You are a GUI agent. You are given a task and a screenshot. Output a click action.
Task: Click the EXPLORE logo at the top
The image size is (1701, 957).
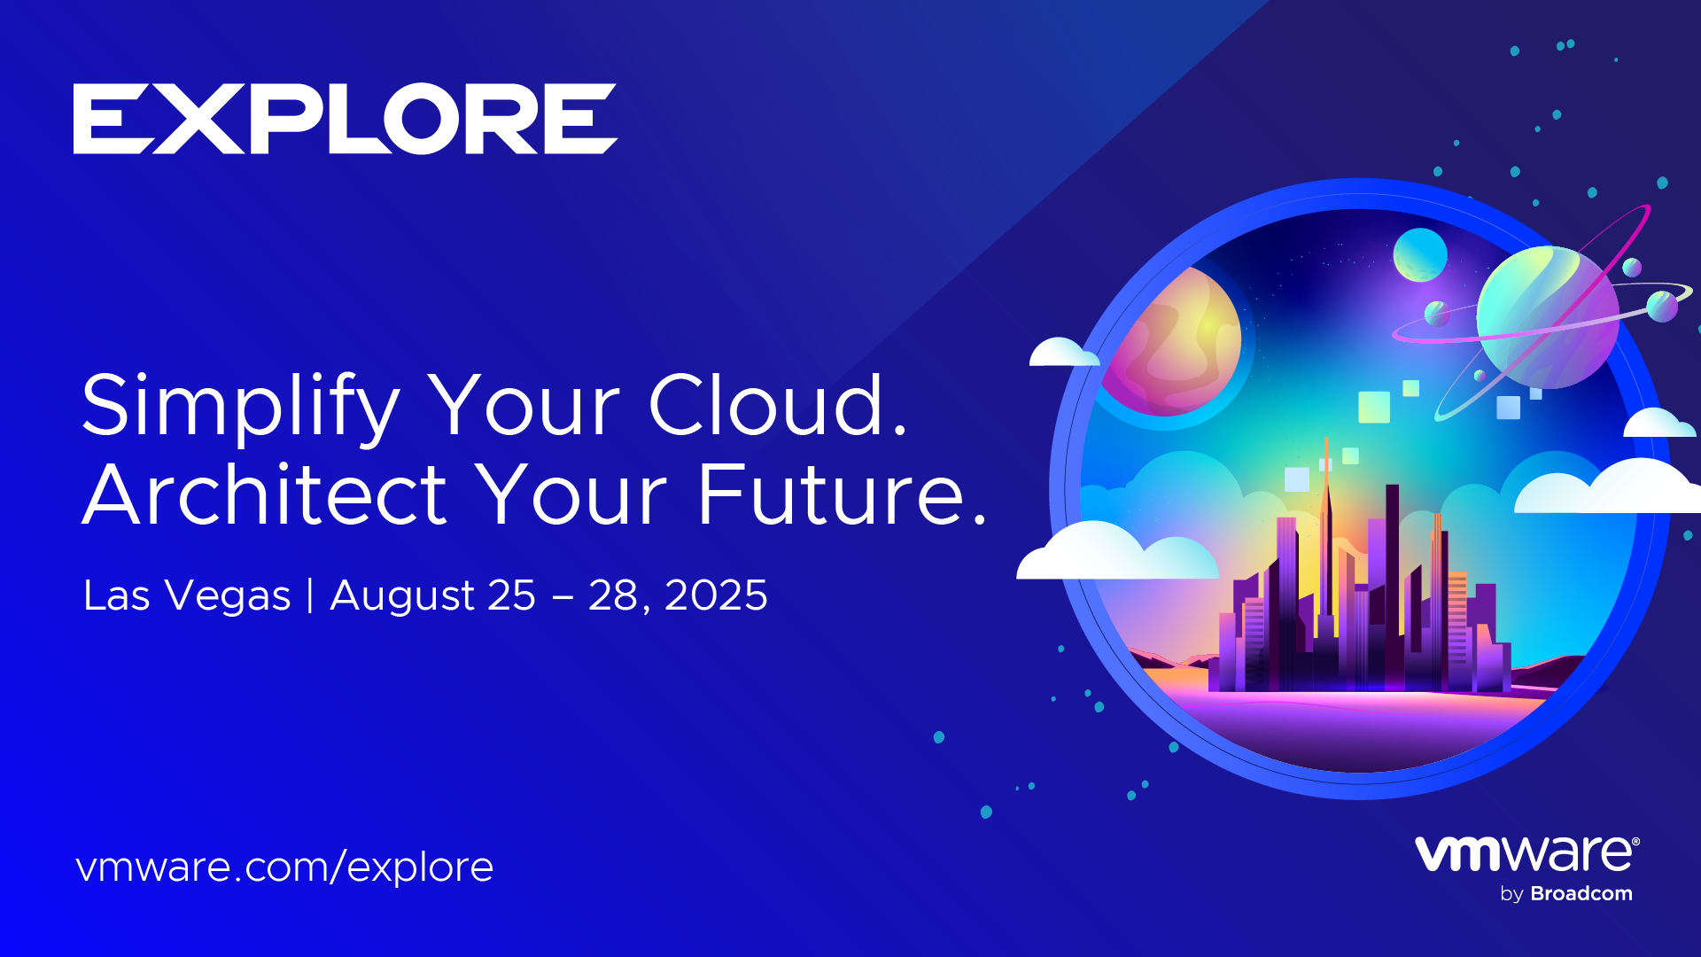pos(346,119)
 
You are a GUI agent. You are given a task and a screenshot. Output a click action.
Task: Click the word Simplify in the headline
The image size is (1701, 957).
pos(241,407)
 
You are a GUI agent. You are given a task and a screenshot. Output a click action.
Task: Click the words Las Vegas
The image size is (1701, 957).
pos(187,595)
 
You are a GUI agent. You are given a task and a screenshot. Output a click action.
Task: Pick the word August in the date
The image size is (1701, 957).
pos(402,595)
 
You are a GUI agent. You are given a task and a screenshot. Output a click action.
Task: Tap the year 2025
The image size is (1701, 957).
pos(716,595)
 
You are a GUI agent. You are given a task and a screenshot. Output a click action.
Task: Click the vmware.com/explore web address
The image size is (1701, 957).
pos(284,867)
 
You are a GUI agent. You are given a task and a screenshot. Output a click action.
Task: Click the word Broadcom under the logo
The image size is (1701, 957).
pos(1581,893)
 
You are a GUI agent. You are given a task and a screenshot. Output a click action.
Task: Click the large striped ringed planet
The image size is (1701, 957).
pos(1548,317)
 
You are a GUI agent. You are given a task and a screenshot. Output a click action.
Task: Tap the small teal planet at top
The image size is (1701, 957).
pos(1420,255)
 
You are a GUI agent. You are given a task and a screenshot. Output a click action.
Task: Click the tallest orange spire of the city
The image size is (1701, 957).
pos(1326,532)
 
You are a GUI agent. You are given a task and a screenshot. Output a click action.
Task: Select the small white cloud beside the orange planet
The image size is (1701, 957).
pos(1064,352)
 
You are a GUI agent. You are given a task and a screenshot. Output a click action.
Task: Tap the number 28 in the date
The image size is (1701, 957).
pos(613,595)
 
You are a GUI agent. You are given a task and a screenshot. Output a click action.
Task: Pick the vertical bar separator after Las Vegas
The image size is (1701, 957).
pos(310,595)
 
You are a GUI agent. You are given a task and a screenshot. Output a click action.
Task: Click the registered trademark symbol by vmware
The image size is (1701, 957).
pos(1635,842)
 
